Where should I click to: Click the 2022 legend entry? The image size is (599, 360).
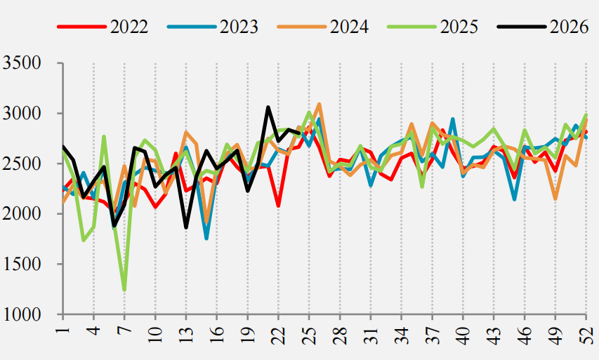[129, 27]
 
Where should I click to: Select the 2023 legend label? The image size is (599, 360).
[239, 27]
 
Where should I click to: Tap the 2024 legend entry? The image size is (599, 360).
[349, 27]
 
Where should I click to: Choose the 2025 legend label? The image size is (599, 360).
[459, 27]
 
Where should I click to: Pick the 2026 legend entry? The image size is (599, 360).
[569, 27]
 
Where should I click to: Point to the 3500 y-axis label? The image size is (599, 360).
[22, 63]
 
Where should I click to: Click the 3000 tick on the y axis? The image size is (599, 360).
[22, 114]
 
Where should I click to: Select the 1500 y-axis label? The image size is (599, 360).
[22, 264]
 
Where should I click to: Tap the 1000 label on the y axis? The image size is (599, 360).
[22, 314]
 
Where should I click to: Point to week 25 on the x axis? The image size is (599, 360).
[310, 335]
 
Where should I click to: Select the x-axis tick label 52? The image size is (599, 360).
[586, 335]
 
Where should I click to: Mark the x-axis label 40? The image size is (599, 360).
[463, 335]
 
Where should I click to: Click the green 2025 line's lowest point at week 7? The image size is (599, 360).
[124, 290]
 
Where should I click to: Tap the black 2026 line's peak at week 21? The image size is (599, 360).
[268, 107]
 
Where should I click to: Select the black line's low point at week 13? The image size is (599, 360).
[186, 227]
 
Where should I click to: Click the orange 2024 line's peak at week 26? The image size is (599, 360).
[320, 104]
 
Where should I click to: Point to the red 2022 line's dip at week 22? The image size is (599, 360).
[279, 206]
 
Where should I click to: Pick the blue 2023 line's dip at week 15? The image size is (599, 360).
[206, 238]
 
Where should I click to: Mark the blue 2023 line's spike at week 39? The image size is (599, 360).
[453, 119]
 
